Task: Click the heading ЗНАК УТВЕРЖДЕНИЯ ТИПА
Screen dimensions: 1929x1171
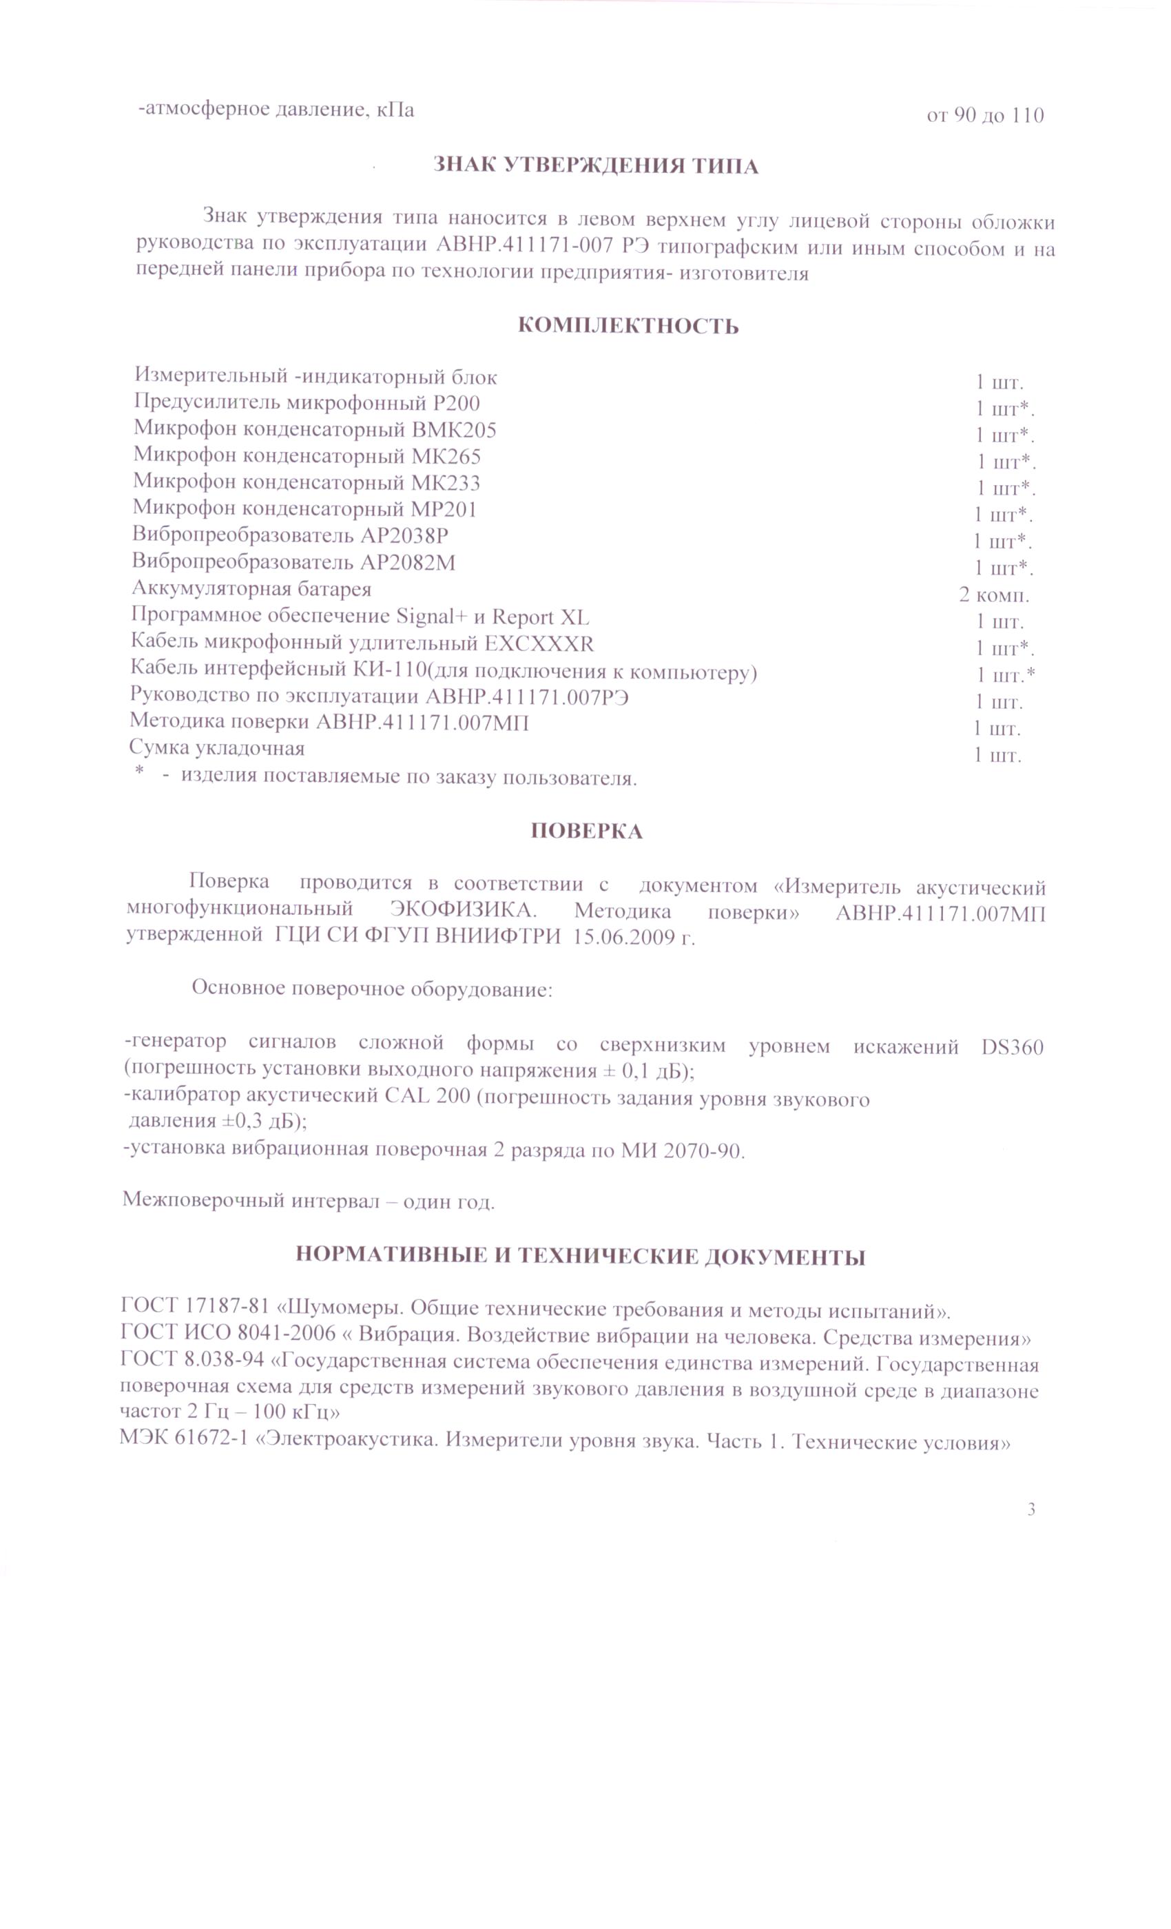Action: [596, 166]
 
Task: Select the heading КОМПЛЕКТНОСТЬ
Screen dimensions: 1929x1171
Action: [628, 326]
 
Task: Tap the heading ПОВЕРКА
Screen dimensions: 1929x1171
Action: [586, 831]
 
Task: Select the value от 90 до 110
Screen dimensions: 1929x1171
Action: [985, 116]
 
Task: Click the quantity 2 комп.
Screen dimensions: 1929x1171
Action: [993, 595]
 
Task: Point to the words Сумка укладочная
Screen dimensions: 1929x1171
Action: [217, 747]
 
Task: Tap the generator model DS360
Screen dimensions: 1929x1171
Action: [1011, 1046]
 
